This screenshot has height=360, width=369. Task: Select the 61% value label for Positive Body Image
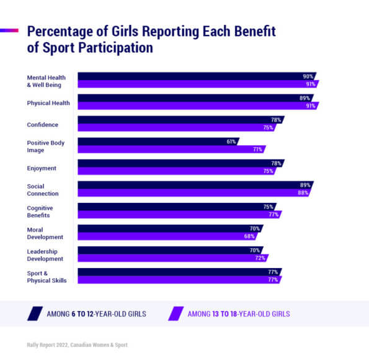231,142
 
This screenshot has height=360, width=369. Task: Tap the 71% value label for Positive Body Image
257,150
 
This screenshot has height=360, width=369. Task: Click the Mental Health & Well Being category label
47,81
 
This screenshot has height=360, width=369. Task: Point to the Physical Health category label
48,102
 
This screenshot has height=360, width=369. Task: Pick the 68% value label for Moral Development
249,236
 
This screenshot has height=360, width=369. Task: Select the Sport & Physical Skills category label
47,276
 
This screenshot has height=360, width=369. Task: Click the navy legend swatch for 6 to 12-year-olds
35,314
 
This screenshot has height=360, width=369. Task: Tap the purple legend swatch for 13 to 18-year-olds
176,314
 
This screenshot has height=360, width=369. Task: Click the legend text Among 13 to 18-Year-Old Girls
239,314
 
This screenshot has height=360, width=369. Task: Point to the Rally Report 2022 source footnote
78,344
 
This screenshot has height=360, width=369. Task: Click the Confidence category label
43,124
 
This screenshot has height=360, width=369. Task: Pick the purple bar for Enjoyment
174,171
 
